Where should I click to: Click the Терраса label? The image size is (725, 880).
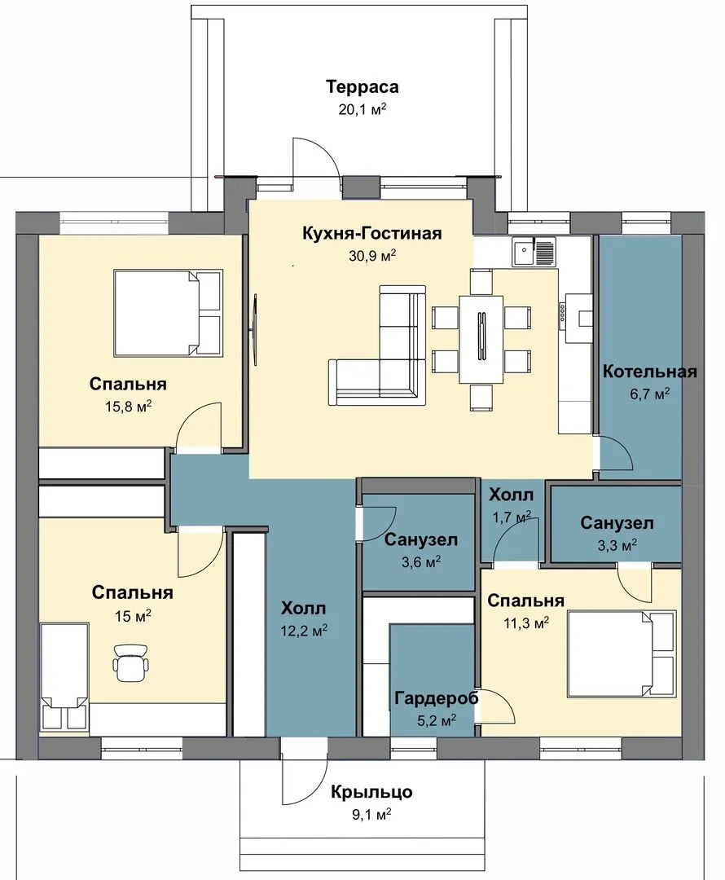[362, 87]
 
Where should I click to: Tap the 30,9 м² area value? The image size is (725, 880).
[372, 255]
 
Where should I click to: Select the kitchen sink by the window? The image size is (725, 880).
[533, 251]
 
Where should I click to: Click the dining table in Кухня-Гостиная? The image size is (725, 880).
[481, 339]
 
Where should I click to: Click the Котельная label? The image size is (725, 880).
[650, 372]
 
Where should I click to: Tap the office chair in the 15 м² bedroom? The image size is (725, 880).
[132, 662]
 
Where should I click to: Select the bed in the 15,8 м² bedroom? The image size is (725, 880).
[168, 312]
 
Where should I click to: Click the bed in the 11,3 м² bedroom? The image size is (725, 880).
[622, 653]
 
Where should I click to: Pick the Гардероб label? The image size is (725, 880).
[437, 698]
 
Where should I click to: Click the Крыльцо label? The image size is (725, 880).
[371, 792]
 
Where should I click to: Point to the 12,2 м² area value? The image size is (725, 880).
[305, 630]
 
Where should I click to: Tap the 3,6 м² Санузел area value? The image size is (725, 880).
[421, 561]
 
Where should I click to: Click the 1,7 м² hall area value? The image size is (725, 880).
[512, 517]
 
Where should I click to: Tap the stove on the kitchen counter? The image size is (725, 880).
[562, 312]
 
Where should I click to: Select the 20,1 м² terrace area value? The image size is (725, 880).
[362, 109]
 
